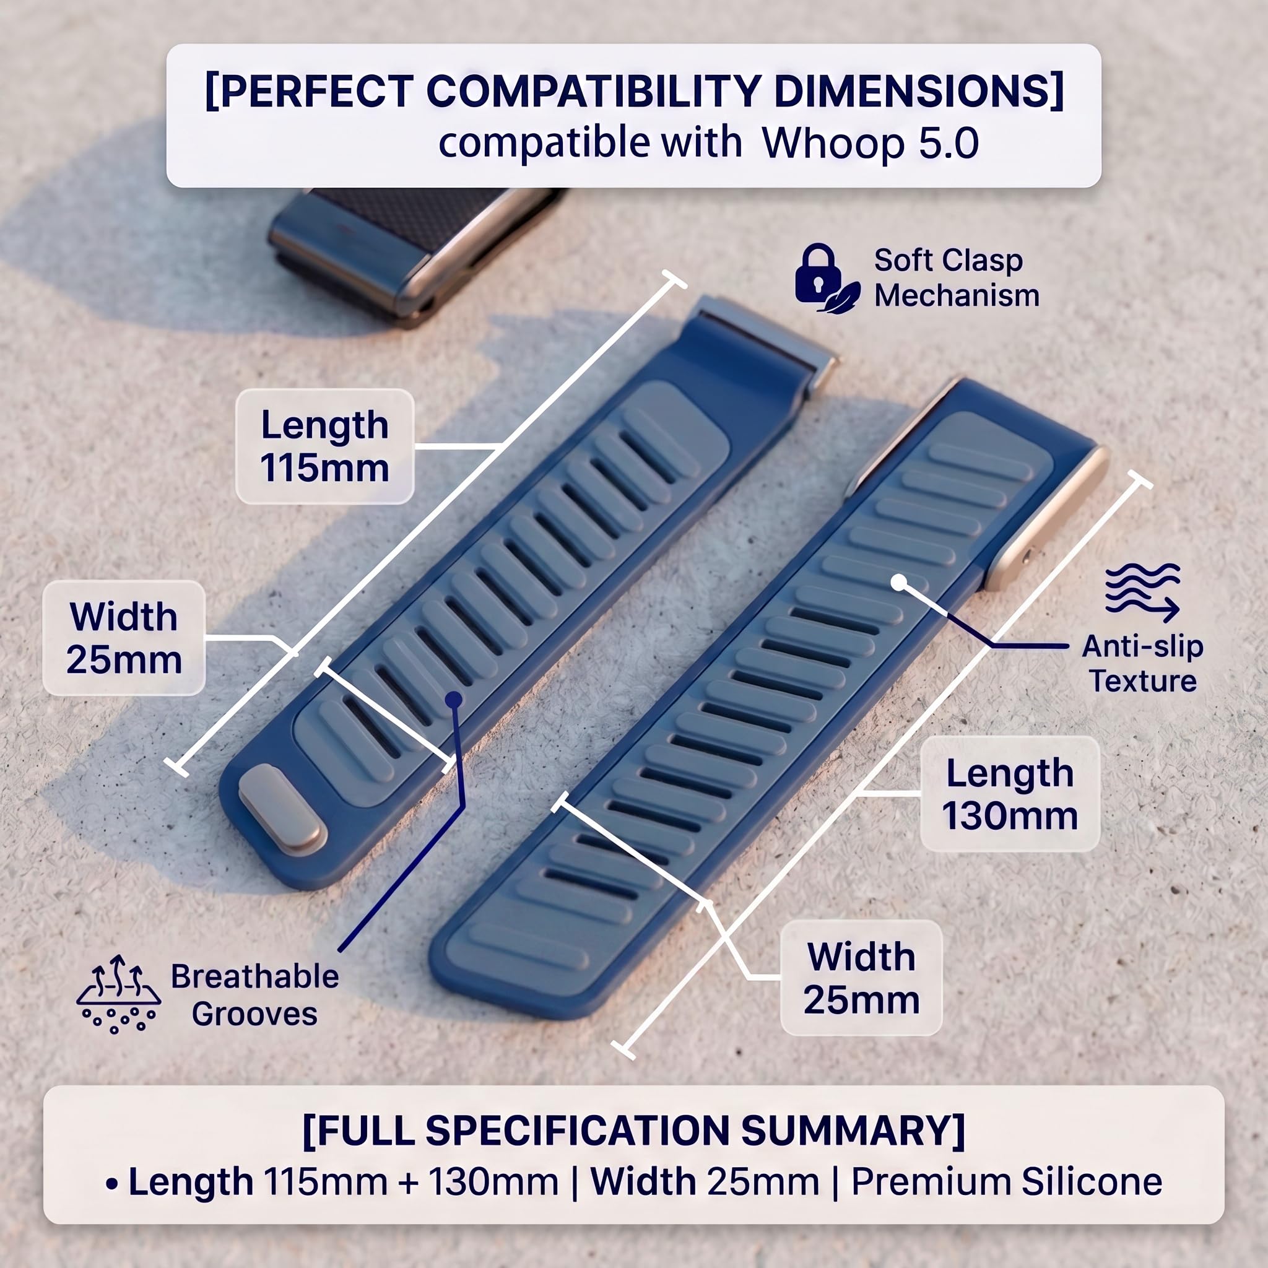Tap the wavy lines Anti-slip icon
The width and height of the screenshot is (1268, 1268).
pos(1142,592)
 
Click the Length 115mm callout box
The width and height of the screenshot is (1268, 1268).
pos(325,446)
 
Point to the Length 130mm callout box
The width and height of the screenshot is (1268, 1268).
pos(1010,794)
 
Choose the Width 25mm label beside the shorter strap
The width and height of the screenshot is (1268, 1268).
pos(124,638)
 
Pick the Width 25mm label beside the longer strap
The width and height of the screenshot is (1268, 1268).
pos(861,978)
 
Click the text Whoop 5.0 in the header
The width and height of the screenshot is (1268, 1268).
pos(871,143)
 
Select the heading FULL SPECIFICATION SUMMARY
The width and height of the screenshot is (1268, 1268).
pos(633,1130)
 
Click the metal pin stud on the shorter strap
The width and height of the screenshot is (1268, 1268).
pos(282,810)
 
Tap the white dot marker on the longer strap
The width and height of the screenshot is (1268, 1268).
pos(899,582)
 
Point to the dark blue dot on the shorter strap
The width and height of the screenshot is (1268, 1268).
pos(453,700)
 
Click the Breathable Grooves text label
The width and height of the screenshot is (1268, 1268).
pos(254,995)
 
